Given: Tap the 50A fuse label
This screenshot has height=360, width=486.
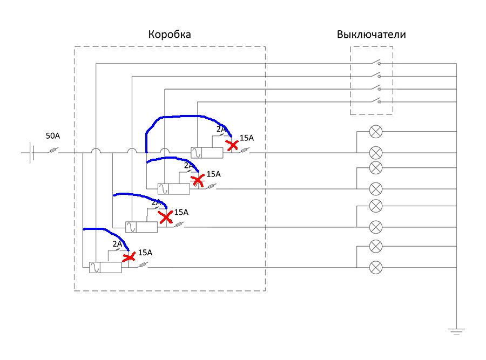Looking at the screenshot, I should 52,136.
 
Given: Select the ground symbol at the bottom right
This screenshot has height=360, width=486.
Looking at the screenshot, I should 457,330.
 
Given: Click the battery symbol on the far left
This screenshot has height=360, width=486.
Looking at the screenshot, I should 31,153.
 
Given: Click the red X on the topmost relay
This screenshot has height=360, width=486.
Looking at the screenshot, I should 233,145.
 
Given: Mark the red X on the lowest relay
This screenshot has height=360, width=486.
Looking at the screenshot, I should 129,257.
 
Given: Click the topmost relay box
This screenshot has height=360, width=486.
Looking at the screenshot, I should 206,153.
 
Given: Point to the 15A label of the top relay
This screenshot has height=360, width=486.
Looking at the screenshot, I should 246,138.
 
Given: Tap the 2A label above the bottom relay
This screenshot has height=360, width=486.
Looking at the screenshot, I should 117,244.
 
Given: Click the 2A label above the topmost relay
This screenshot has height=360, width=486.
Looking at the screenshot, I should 221,130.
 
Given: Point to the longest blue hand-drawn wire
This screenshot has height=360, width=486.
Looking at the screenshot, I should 184,117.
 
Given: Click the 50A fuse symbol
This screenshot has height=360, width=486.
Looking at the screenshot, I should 52,153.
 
